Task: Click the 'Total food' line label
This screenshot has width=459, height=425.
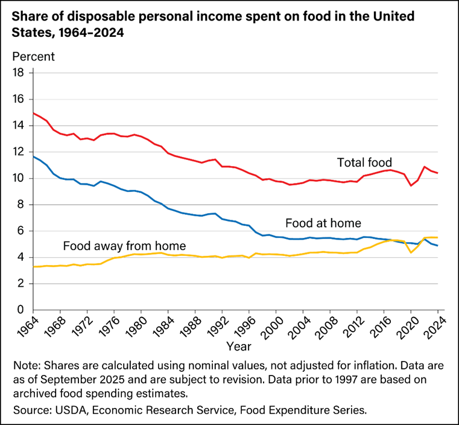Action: (364, 162)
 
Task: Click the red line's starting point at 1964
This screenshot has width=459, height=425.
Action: (33, 113)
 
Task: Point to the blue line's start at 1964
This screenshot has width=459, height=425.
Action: (33, 157)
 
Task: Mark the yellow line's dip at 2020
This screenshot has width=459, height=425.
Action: (411, 252)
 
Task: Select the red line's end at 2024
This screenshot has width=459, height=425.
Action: (437, 173)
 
